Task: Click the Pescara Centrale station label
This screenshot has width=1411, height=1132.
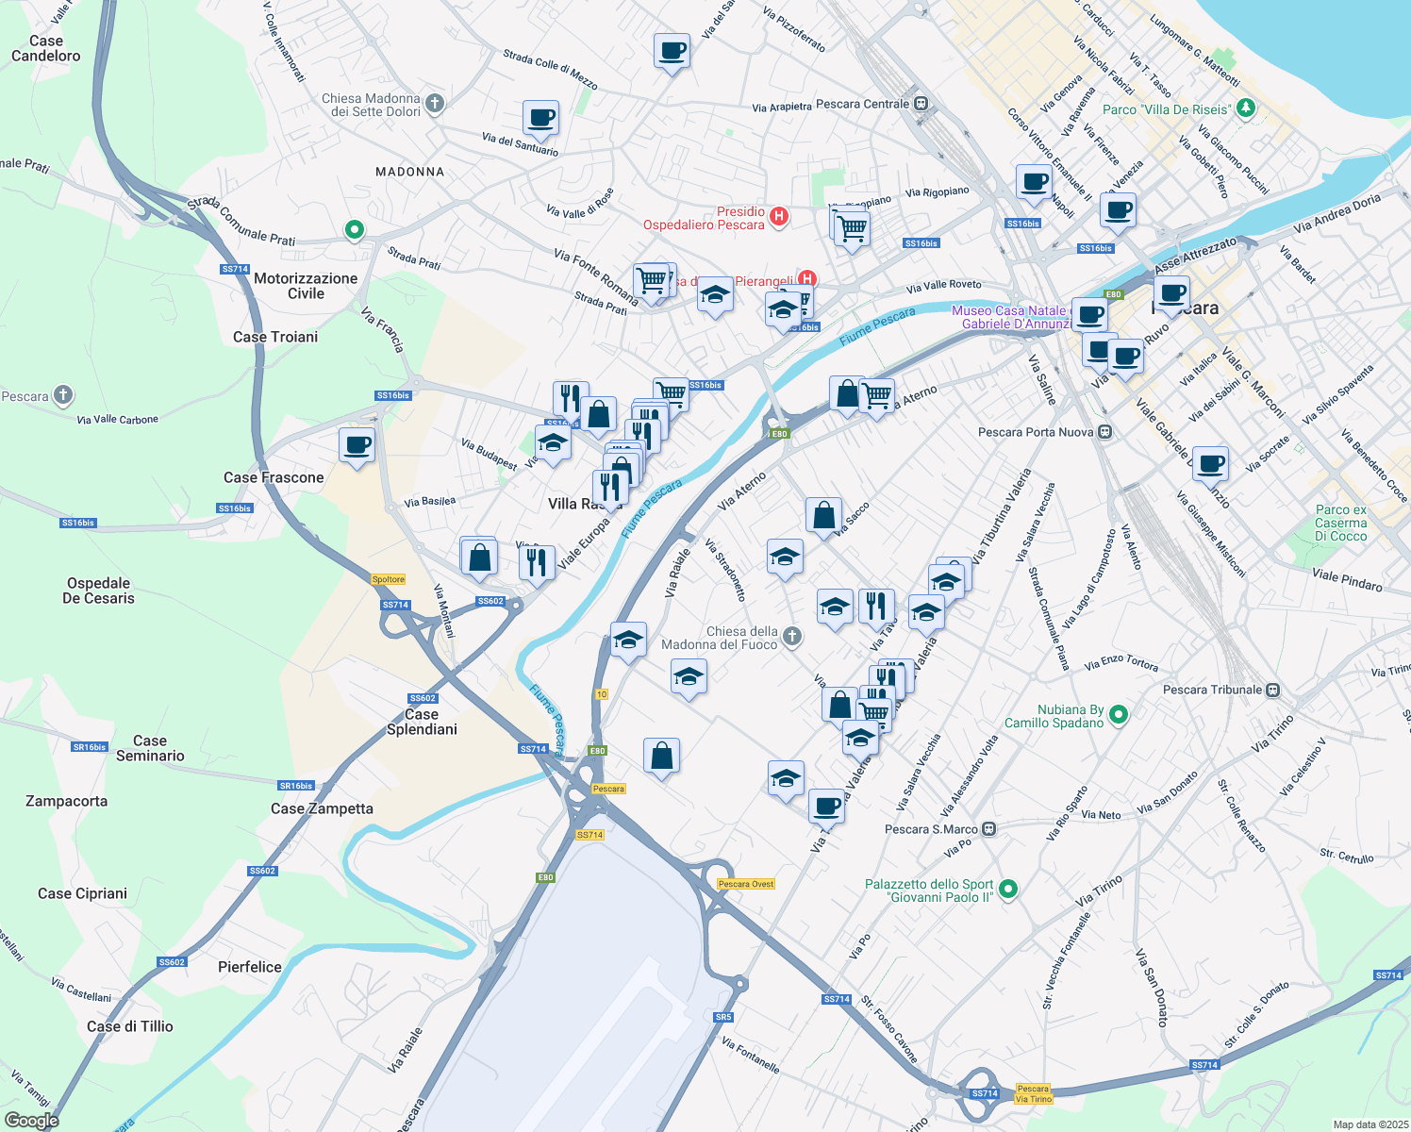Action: coord(862,104)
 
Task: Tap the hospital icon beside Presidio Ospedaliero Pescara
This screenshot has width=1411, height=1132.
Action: coord(779,217)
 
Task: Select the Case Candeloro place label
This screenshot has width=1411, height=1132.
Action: coord(45,48)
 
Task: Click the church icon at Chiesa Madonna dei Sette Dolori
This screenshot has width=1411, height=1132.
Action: coord(434,104)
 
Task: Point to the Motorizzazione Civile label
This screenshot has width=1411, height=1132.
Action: coord(306,286)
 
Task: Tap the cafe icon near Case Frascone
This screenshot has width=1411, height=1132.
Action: coord(357,444)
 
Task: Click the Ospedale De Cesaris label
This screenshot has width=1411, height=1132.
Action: coord(98,591)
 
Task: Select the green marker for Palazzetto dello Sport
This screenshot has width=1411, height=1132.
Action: coord(1008,889)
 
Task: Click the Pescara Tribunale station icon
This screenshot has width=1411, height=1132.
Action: coord(1272,690)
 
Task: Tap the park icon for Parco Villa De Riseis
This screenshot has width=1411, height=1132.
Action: coord(1245,108)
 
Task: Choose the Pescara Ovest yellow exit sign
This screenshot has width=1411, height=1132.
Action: coord(745,884)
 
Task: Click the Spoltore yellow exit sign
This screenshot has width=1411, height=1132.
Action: coord(388,579)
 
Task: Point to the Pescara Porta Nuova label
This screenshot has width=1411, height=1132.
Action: coord(1036,432)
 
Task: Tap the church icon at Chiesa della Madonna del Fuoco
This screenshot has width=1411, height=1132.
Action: coord(792,637)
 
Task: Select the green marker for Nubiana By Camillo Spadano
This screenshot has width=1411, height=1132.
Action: coord(1119,715)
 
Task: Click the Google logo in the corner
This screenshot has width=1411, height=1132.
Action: coord(31,1120)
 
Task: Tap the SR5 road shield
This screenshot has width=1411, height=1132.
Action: coord(722,1017)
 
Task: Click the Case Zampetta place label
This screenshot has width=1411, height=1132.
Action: coord(322,808)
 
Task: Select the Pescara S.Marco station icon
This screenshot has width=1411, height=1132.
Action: coord(988,829)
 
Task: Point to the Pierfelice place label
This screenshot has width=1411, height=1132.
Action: coord(249,967)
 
